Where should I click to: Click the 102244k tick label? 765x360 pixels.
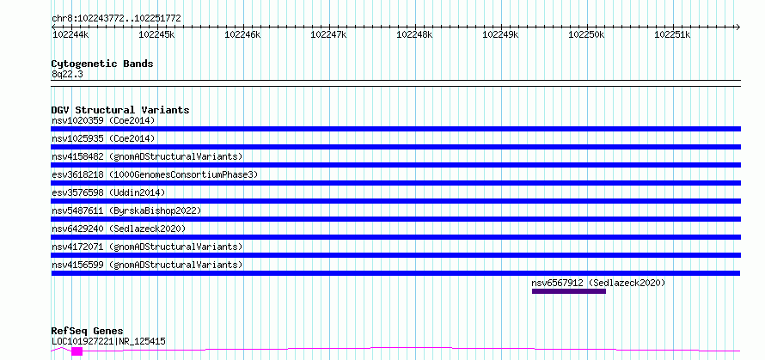point(70,34)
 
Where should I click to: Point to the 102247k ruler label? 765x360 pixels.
point(328,34)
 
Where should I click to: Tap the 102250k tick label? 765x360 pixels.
point(586,34)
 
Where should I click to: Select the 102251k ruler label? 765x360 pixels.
point(672,34)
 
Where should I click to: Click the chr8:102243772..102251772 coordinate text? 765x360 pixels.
point(116,19)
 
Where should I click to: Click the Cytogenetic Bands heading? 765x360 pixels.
point(102,64)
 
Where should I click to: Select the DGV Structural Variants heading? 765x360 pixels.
point(120,110)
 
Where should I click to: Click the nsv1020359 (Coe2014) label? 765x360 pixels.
point(103,120)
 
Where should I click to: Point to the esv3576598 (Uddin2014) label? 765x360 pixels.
point(108,192)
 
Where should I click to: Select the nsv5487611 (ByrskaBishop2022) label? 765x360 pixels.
point(126,211)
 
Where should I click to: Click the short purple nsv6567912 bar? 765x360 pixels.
point(569,291)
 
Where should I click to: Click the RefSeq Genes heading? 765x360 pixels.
point(88,332)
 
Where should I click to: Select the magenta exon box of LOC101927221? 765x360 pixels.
point(77,351)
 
